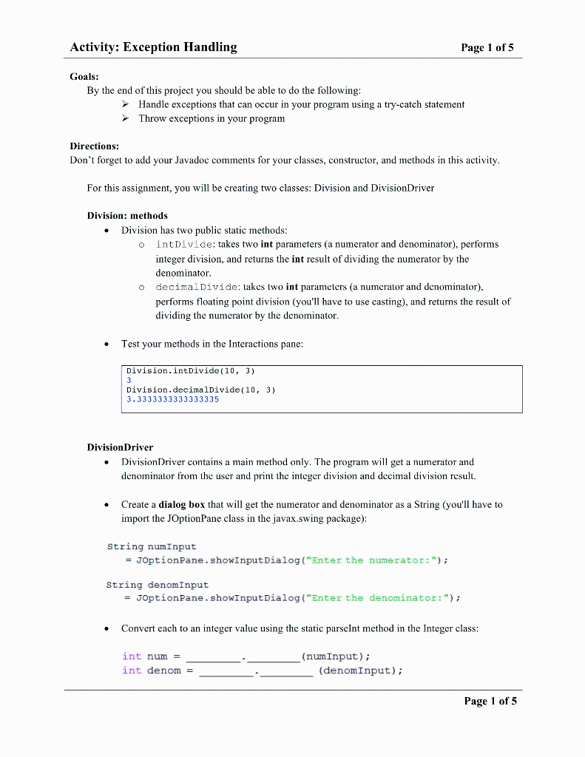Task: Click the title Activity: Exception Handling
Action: click(153, 47)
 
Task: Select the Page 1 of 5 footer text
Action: click(490, 701)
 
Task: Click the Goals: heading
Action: click(84, 76)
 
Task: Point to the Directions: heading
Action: click(94, 146)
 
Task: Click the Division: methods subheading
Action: click(127, 216)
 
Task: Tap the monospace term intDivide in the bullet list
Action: click(186, 244)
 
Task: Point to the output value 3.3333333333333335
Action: click(172, 399)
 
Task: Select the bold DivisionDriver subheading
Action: click(120, 447)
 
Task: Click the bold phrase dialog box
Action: click(182, 505)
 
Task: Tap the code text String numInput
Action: click(152, 547)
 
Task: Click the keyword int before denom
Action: click(132, 671)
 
